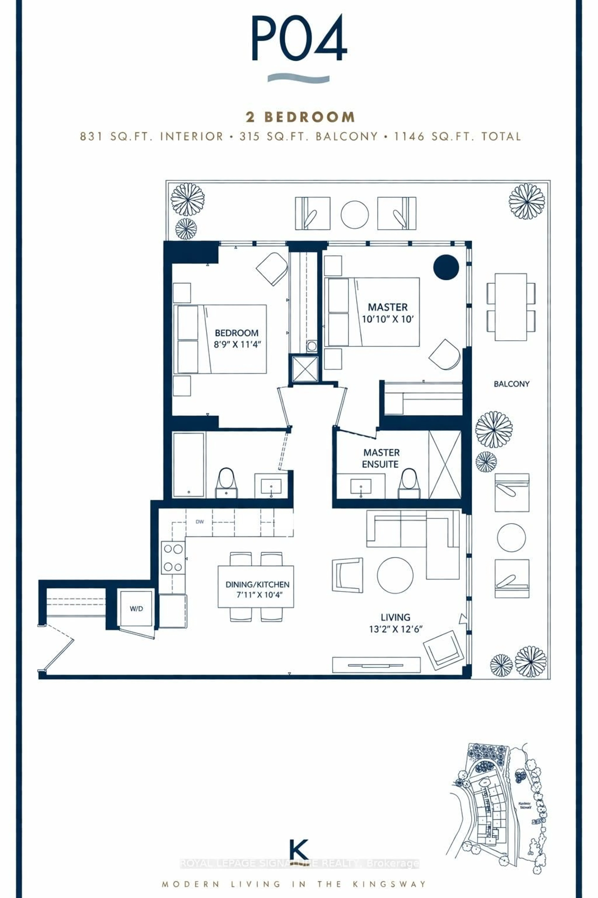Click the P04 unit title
(299, 38)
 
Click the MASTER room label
(387, 307)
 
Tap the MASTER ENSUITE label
(381, 458)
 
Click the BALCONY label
(511, 384)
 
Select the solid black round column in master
(446, 267)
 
